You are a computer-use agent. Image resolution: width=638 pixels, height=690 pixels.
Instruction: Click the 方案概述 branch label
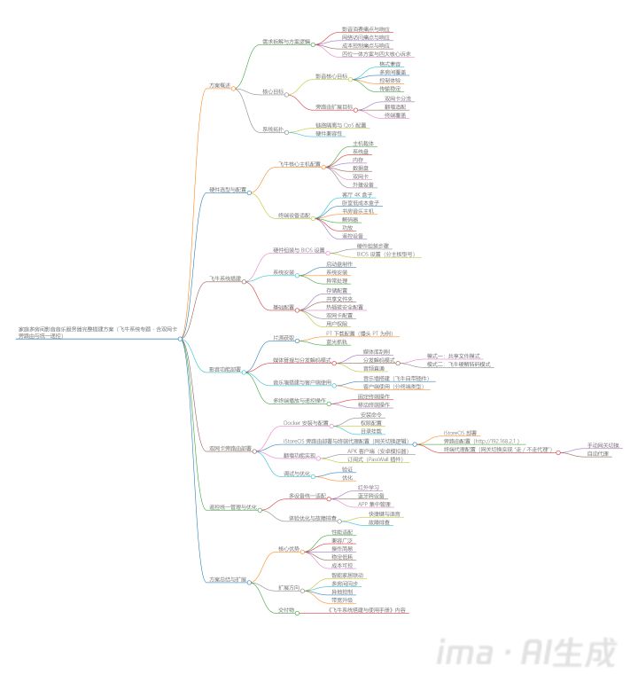pyautogui.click(x=219, y=85)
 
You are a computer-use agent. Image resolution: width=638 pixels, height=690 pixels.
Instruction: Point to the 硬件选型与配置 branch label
pyautogui.click(x=227, y=190)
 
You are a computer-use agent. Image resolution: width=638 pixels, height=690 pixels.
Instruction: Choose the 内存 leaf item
pyautogui.click(x=358, y=159)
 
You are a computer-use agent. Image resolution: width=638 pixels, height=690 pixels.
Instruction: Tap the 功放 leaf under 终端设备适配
pyautogui.click(x=347, y=227)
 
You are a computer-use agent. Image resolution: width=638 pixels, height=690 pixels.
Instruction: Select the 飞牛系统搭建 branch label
pyautogui.click(x=225, y=278)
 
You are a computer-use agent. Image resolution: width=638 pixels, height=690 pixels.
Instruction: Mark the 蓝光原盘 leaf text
pyautogui.click(x=338, y=341)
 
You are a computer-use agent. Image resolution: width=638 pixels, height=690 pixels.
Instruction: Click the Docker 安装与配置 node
pyautogui.click(x=305, y=423)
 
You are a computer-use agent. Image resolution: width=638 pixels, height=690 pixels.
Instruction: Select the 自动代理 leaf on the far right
pyautogui.click(x=598, y=453)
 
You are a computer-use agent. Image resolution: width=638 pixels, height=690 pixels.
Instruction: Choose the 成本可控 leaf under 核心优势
pyautogui.click(x=341, y=564)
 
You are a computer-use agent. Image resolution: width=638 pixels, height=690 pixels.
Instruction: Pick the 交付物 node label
pyautogui.click(x=286, y=610)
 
